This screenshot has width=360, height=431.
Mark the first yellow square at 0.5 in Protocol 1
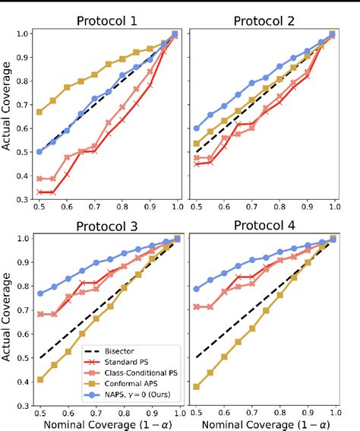[39, 112]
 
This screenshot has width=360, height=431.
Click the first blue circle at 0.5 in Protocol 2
[197, 128]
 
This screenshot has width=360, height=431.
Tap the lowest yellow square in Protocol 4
[197, 386]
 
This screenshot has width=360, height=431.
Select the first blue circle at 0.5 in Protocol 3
[39, 293]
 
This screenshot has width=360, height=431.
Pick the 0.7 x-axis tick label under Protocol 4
[251, 410]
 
